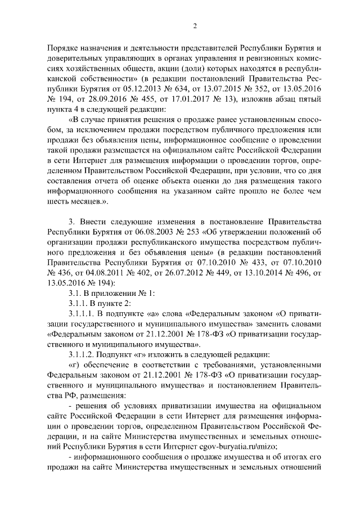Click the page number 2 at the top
[195, 26]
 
